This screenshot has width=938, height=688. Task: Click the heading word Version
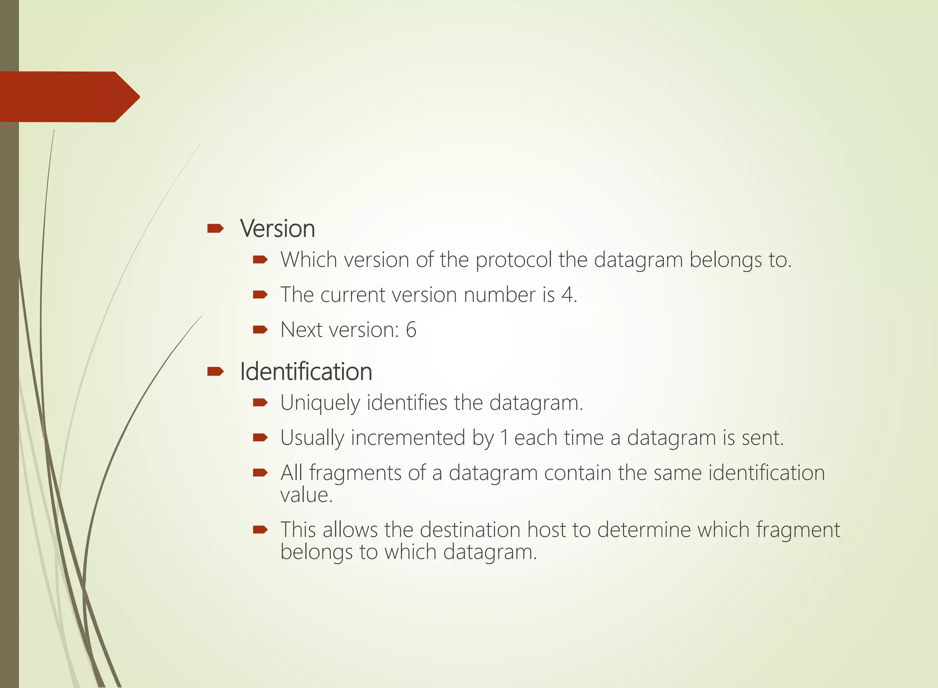pos(278,229)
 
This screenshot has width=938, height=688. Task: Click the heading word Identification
pos(306,371)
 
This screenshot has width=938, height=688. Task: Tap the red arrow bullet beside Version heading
pos(215,228)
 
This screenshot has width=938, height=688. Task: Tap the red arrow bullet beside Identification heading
pos(215,371)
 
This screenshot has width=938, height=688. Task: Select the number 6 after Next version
pos(411,330)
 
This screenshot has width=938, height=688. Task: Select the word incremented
pos(408,438)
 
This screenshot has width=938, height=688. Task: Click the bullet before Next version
pos(260,329)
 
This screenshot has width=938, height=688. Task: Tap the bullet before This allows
pos(260,530)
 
